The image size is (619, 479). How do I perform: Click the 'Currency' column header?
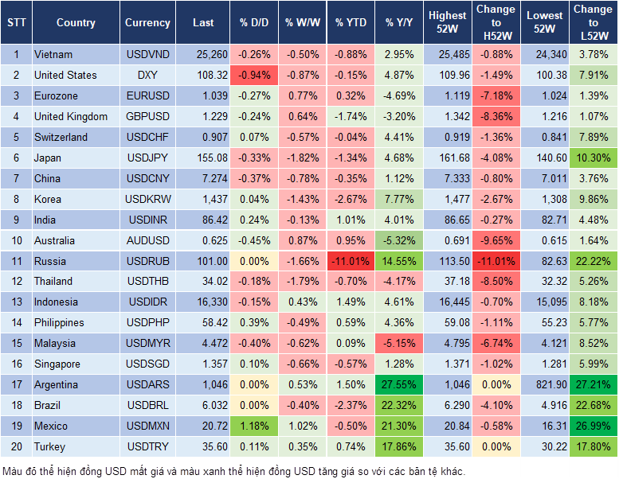pos(147,23)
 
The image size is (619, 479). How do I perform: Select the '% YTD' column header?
pos(351,23)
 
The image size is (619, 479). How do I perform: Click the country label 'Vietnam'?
pos(53,55)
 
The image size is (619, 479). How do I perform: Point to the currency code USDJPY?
pos(147,158)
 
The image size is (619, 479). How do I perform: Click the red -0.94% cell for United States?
pos(253,76)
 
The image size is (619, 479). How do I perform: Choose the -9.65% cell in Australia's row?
pos(495,241)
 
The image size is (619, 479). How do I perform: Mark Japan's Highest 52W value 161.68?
pos(448,158)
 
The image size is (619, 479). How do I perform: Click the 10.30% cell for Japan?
pos(594,158)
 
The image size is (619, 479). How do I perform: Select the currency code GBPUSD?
pos(147,117)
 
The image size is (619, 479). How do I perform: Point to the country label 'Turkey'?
pos(51,447)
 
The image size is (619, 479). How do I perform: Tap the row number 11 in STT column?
pos(15,262)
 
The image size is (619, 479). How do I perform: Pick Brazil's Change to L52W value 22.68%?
pos(594,406)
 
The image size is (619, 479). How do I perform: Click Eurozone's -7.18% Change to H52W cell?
pos(495,96)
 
